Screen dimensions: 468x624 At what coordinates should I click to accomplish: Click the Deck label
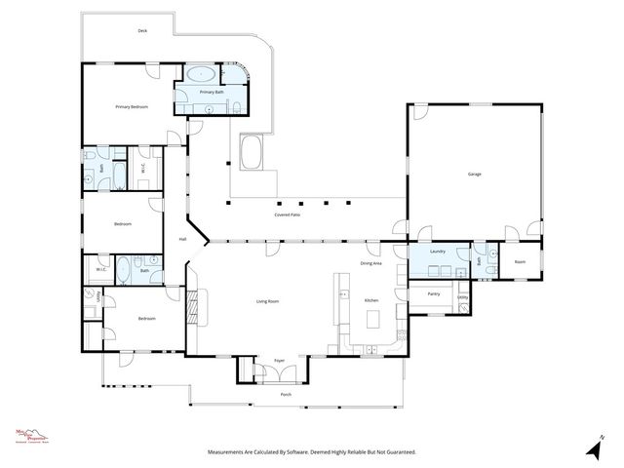tap(142, 30)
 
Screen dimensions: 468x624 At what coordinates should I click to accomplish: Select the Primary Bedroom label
tap(132, 106)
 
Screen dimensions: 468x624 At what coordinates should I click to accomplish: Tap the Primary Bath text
tap(213, 92)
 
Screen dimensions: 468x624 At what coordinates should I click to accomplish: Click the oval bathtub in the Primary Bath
tap(202, 73)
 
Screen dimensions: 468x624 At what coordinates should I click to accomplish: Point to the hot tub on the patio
tap(251, 154)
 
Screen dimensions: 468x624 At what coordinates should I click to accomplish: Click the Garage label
tap(475, 174)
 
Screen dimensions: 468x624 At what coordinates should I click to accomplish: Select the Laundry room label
tap(438, 252)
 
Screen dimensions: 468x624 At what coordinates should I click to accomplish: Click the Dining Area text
tap(370, 263)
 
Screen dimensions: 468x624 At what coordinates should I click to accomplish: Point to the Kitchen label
tap(371, 301)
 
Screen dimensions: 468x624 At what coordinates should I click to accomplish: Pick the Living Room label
tap(269, 301)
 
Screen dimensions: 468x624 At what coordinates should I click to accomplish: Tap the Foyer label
tap(279, 360)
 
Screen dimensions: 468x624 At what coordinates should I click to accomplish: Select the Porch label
tap(286, 394)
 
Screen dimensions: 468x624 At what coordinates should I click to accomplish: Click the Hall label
tap(182, 239)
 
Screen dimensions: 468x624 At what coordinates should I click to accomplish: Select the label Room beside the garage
tap(521, 261)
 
